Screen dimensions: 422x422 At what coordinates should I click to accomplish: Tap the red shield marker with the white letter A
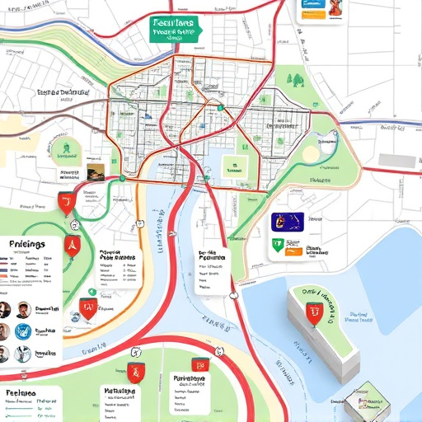coord(71,241)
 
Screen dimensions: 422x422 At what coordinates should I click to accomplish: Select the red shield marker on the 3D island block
coord(314,312)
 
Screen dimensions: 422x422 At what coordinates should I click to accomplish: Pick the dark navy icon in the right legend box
coord(288,221)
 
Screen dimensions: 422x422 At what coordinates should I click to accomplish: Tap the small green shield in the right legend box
coord(278,244)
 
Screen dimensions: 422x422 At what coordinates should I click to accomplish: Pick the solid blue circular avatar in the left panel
coord(23,332)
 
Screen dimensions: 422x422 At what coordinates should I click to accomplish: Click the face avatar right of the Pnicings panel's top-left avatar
coord(23,309)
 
